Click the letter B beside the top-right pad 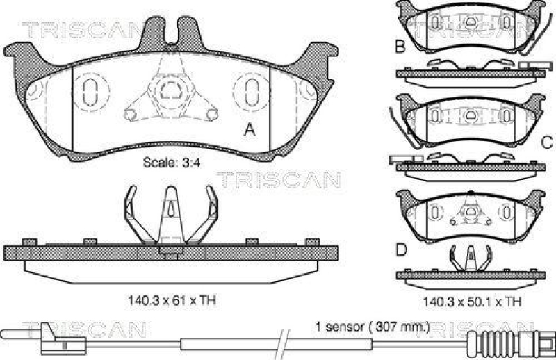pos(400,47)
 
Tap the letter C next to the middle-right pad pos(546,142)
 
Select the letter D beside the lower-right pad pos(401,248)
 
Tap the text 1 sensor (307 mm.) pos(372,326)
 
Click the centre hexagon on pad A pos(167,88)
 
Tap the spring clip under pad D pos(468,259)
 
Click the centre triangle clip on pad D pos(469,209)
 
